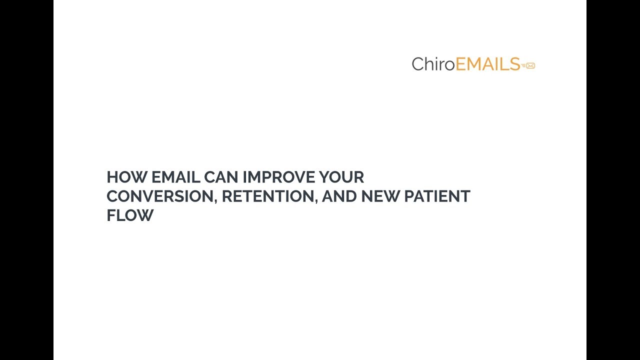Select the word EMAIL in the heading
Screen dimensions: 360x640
(175, 177)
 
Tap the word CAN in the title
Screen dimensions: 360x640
(221, 177)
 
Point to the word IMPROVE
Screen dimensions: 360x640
(278, 177)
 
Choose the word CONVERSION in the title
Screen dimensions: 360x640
(160, 196)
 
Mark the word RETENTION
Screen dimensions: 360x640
(268, 196)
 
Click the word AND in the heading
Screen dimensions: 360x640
(339, 196)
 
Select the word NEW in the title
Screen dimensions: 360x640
(380, 196)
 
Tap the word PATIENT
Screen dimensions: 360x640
(437, 196)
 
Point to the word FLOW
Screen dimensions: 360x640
(130, 215)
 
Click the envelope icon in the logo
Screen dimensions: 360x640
(530, 65)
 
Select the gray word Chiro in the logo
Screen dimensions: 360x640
(433, 64)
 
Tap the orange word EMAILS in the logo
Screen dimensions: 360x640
(487, 64)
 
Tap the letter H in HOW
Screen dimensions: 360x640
(112, 177)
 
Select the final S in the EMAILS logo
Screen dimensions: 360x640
(514, 64)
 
